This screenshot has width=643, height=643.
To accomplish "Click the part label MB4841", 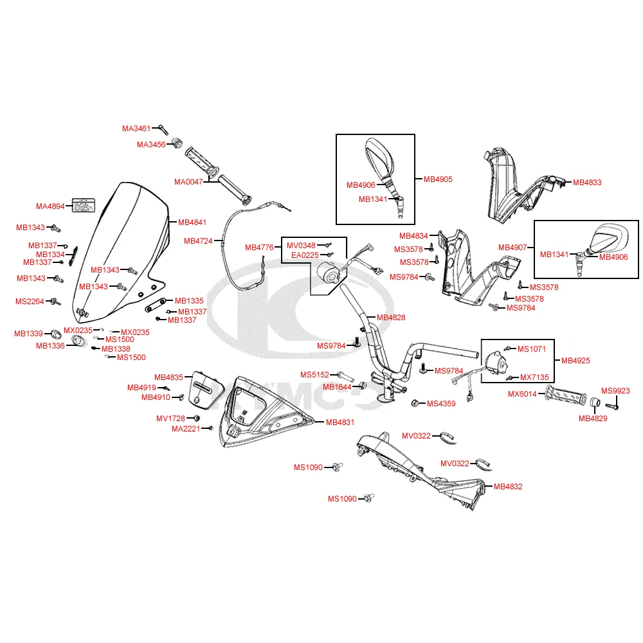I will point(192,222).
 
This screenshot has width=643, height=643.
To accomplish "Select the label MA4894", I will point(50,206).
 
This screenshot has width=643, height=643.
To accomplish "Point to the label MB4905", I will point(438,179).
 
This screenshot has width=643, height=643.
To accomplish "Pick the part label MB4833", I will point(587,183).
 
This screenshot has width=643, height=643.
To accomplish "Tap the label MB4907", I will point(513,247).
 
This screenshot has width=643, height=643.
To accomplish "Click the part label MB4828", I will point(391,318).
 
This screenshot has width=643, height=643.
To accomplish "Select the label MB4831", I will point(340,422).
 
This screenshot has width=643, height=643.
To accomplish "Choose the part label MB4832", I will point(508,487).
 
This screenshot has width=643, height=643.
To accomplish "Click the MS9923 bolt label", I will point(615,390).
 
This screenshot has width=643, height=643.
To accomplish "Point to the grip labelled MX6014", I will point(566,396).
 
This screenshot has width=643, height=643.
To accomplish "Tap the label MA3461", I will point(136,129).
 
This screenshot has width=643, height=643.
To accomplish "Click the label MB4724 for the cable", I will point(198,241).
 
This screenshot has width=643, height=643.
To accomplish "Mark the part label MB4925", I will point(575,361).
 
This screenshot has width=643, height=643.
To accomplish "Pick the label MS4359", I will point(441,404).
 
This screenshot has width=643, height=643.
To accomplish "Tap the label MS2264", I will point(30,301).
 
